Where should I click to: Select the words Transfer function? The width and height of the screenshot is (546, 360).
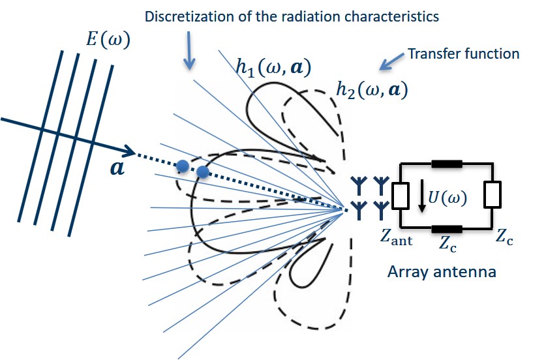pyautogui.click(x=463, y=53)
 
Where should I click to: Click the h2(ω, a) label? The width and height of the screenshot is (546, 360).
pyautogui.click(x=371, y=89)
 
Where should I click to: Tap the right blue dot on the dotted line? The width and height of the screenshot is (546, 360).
pyautogui.click(x=203, y=172)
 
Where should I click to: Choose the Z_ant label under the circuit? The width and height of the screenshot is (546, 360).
pyautogui.click(x=396, y=240)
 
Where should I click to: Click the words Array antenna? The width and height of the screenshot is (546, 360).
pyautogui.click(x=442, y=271)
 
